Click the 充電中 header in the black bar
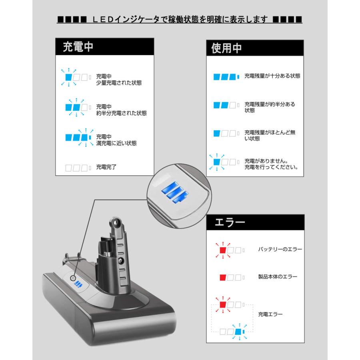click(78, 47)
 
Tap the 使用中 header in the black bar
click(226, 48)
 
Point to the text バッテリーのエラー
click(280, 250)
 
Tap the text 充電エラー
click(270, 314)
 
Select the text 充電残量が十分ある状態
click(272, 76)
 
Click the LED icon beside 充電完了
click(78, 168)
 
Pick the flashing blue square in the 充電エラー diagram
click(239, 332)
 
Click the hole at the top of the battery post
click(117, 221)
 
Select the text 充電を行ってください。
click(272, 167)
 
